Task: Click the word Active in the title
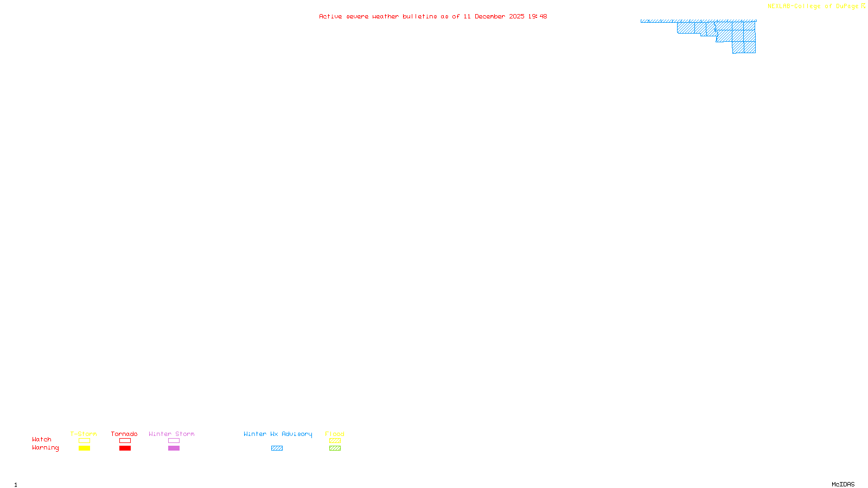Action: (x=330, y=16)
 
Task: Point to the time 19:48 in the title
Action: (x=538, y=16)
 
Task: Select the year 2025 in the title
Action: (x=516, y=16)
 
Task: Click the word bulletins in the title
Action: (x=420, y=16)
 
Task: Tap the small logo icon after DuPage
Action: (x=863, y=6)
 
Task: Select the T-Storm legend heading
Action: (x=84, y=434)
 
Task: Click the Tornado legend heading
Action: (x=124, y=434)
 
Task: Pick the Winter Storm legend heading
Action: (x=171, y=434)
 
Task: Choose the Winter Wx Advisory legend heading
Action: (x=278, y=434)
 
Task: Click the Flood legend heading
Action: (x=335, y=434)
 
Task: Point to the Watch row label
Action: (x=42, y=439)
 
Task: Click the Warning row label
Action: (x=45, y=448)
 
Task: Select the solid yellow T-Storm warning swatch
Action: (x=84, y=448)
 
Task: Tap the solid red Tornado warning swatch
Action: (x=125, y=448)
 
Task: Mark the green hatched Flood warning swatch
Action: (x=335, y=448)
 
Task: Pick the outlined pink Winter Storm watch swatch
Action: (x=174, y=441)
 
